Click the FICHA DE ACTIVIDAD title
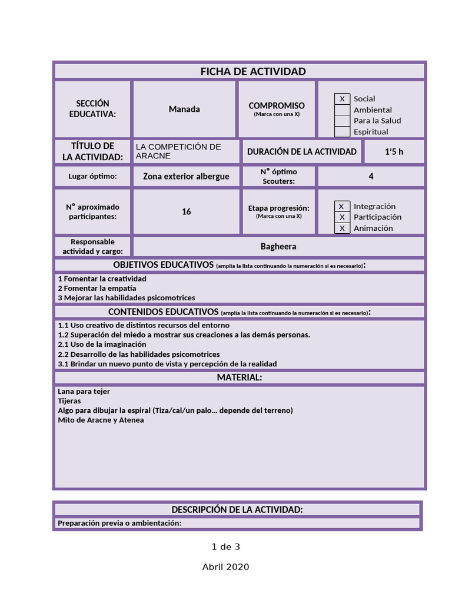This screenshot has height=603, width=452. tap(253, 71)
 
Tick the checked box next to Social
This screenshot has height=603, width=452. tap(342, 99)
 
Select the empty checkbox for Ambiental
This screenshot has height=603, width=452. tap(342, 110)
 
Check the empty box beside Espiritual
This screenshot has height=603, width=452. tap(342, 132)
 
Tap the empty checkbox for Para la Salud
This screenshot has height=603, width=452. tap(342, 121)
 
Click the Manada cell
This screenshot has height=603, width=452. tap(184, 109)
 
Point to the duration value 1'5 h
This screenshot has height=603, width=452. tap(394, 151)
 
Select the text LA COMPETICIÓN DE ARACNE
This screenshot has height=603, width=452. tap(178, 151)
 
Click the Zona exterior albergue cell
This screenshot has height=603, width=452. tap(186, 176)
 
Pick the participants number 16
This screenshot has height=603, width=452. tap(186, 211)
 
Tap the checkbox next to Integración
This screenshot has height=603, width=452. tap(342, 206)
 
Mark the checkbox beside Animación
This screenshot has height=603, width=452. tap(342, 228)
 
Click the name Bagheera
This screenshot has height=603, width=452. tap(278, 246)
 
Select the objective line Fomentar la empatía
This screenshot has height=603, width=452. tap(97, 288)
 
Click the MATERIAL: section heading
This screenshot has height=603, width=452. tap(239, 377)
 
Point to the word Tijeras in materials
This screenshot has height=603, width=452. tap(69, 400)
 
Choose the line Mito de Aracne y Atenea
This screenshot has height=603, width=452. tap(101, 420)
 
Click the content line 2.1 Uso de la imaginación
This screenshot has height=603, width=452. tap(102, 344)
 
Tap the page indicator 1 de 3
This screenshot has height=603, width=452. tap(226, 546)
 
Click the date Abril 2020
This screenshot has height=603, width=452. tap(226, 566)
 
